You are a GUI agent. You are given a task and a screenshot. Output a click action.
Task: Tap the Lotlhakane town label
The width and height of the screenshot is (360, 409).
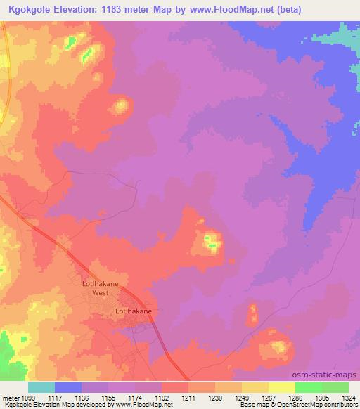(x=134, y=310)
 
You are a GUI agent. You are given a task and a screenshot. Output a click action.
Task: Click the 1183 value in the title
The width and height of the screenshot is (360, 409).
(x=143, y=10)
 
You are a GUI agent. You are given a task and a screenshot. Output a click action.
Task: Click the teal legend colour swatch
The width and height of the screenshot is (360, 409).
(x=41, y=387)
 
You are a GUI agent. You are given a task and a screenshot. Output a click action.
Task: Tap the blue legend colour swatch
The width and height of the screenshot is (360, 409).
(x=68, y=387)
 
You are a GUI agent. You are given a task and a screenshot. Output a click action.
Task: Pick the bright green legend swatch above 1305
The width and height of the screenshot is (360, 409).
(x=309, y=387)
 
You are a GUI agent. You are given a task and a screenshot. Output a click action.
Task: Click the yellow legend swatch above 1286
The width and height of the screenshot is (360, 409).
(x=282, y=387)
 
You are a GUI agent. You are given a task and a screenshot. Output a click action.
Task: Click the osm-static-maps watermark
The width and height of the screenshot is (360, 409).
(x=329, y=375)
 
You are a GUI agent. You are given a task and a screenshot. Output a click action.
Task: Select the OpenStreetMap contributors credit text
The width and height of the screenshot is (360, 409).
(x=323, y=405)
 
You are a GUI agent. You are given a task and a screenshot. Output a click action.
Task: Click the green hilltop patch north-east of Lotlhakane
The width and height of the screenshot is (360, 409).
(x=211, y=243)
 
